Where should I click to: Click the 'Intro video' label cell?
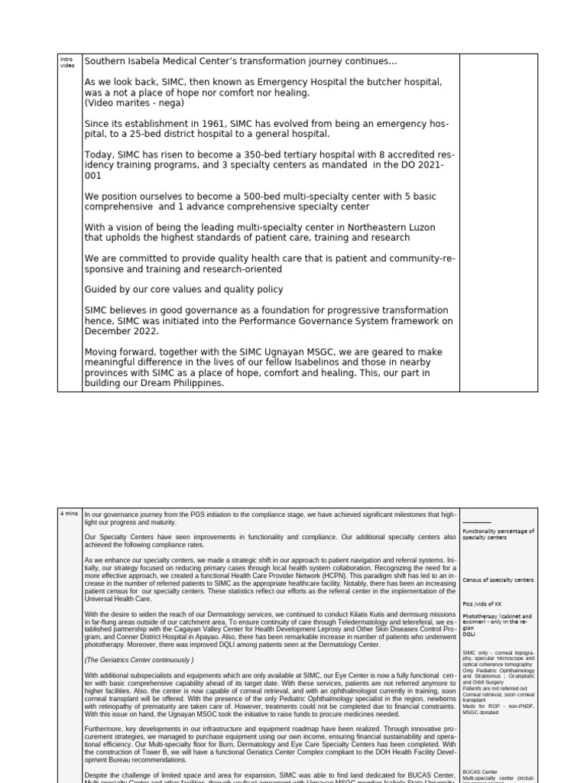(x=66, y=62)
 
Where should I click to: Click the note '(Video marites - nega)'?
(x=134, y=102)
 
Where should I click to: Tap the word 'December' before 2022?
(x=110, y=332)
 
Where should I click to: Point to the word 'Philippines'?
(x=194, y=384)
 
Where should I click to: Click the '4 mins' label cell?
(x=69, y=515)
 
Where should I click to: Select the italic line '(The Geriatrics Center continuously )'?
(x=139, y=659)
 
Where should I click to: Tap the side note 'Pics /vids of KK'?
(x=482, y=604)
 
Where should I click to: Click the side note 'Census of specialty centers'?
(x=498, y=580)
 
